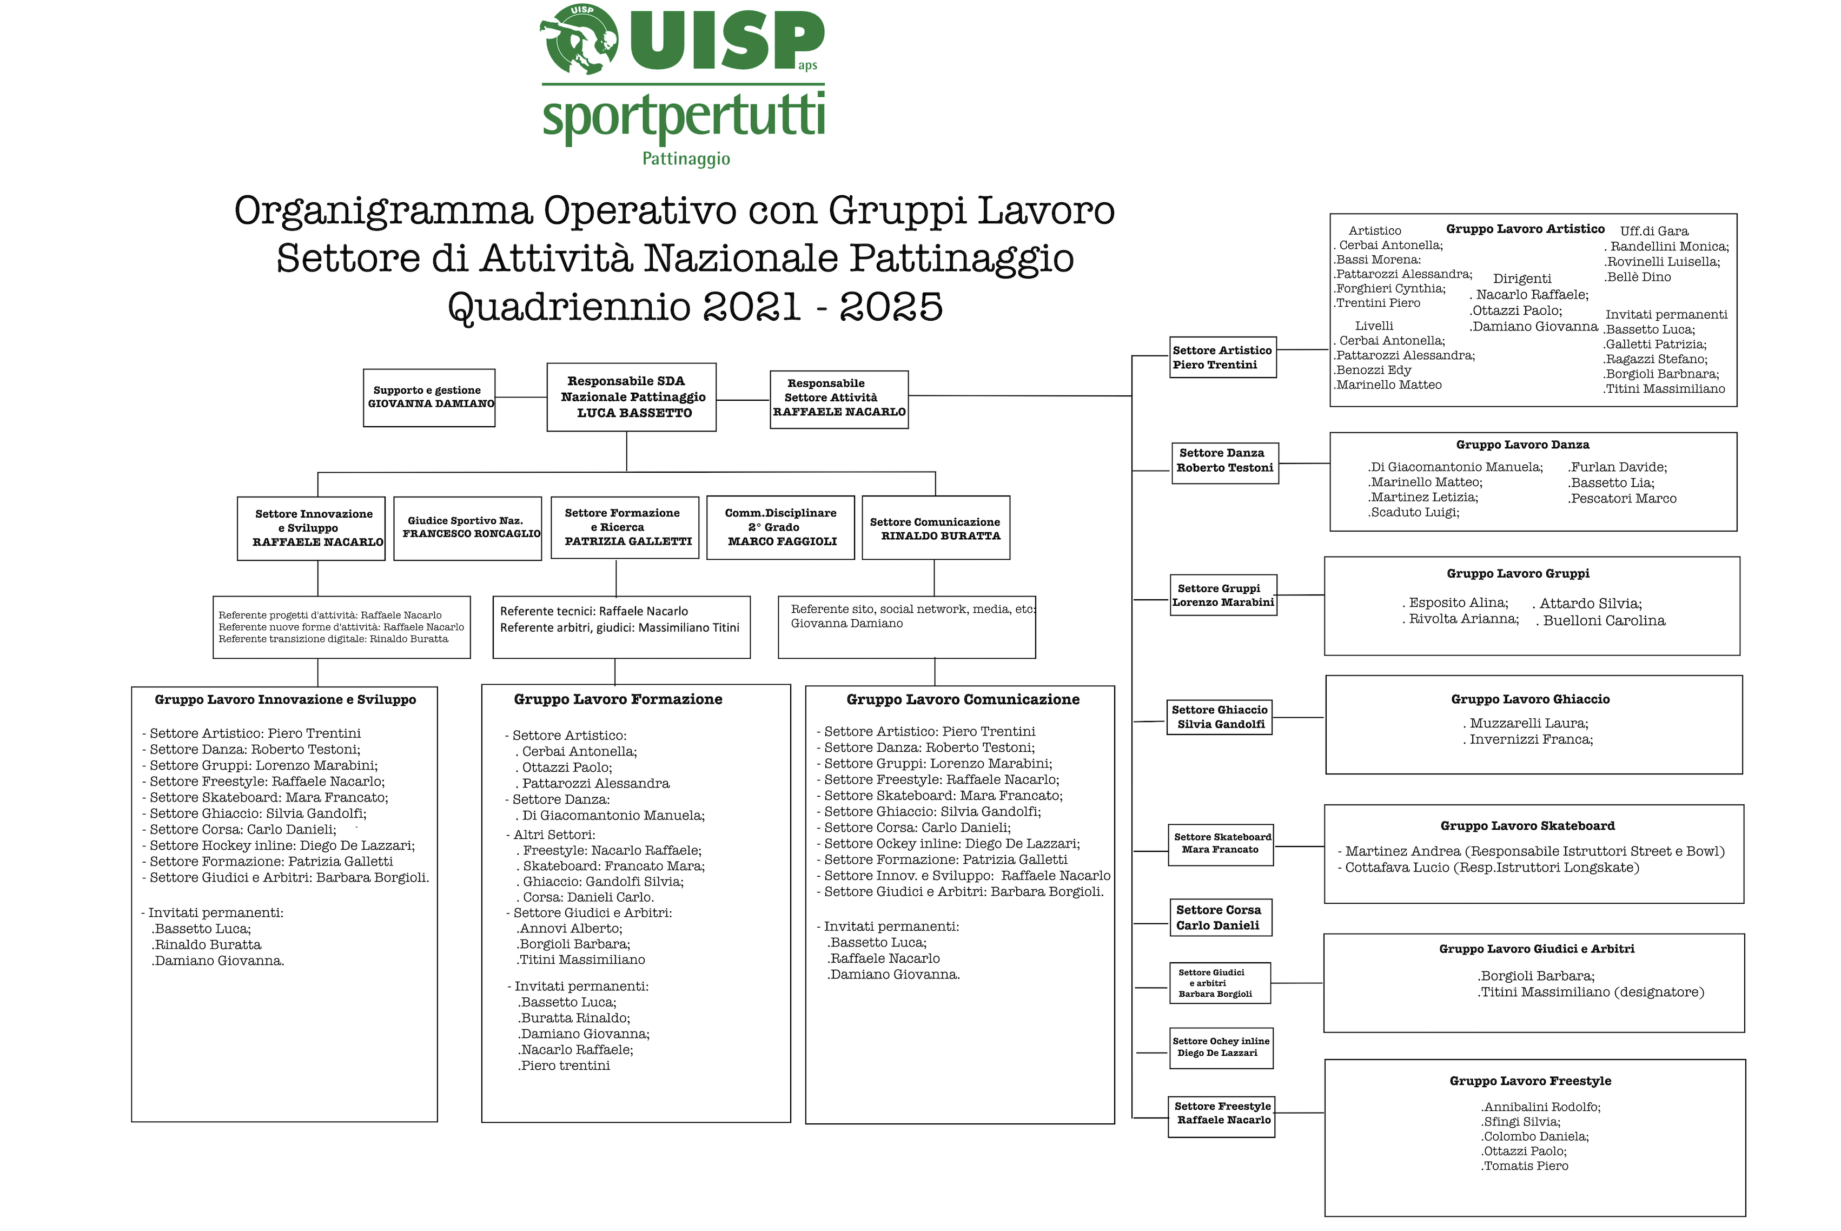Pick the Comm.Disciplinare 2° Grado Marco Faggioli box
click(x=780, y=527)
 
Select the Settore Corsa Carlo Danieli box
click(x=1218, y=917)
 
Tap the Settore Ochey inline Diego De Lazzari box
click(x=1220, y=1047)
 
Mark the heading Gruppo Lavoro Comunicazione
click(x=963, y=699)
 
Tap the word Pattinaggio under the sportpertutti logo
click(x=686, y=158)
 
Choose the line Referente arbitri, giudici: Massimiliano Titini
click(x=619, y=628)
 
